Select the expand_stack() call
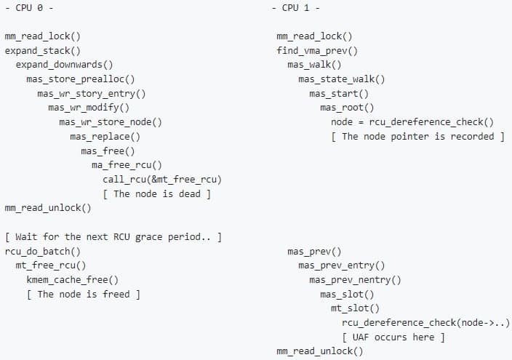[42, 50]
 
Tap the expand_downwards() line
[64, 65]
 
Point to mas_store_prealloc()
[80, 79]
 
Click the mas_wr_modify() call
[89, 108]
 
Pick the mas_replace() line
[105, 136]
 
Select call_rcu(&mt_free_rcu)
[162, 179]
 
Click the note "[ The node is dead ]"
[156, 193]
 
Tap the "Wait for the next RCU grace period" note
[113, 236]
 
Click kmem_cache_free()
[73, 279]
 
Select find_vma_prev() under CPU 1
[317, 50]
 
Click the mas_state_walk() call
[341, 79]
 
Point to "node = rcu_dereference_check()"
[412, 121]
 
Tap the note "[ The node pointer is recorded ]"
[417, 136]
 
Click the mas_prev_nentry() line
[354, 279]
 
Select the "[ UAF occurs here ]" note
[393, 337]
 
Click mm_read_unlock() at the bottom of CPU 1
[319, 351]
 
